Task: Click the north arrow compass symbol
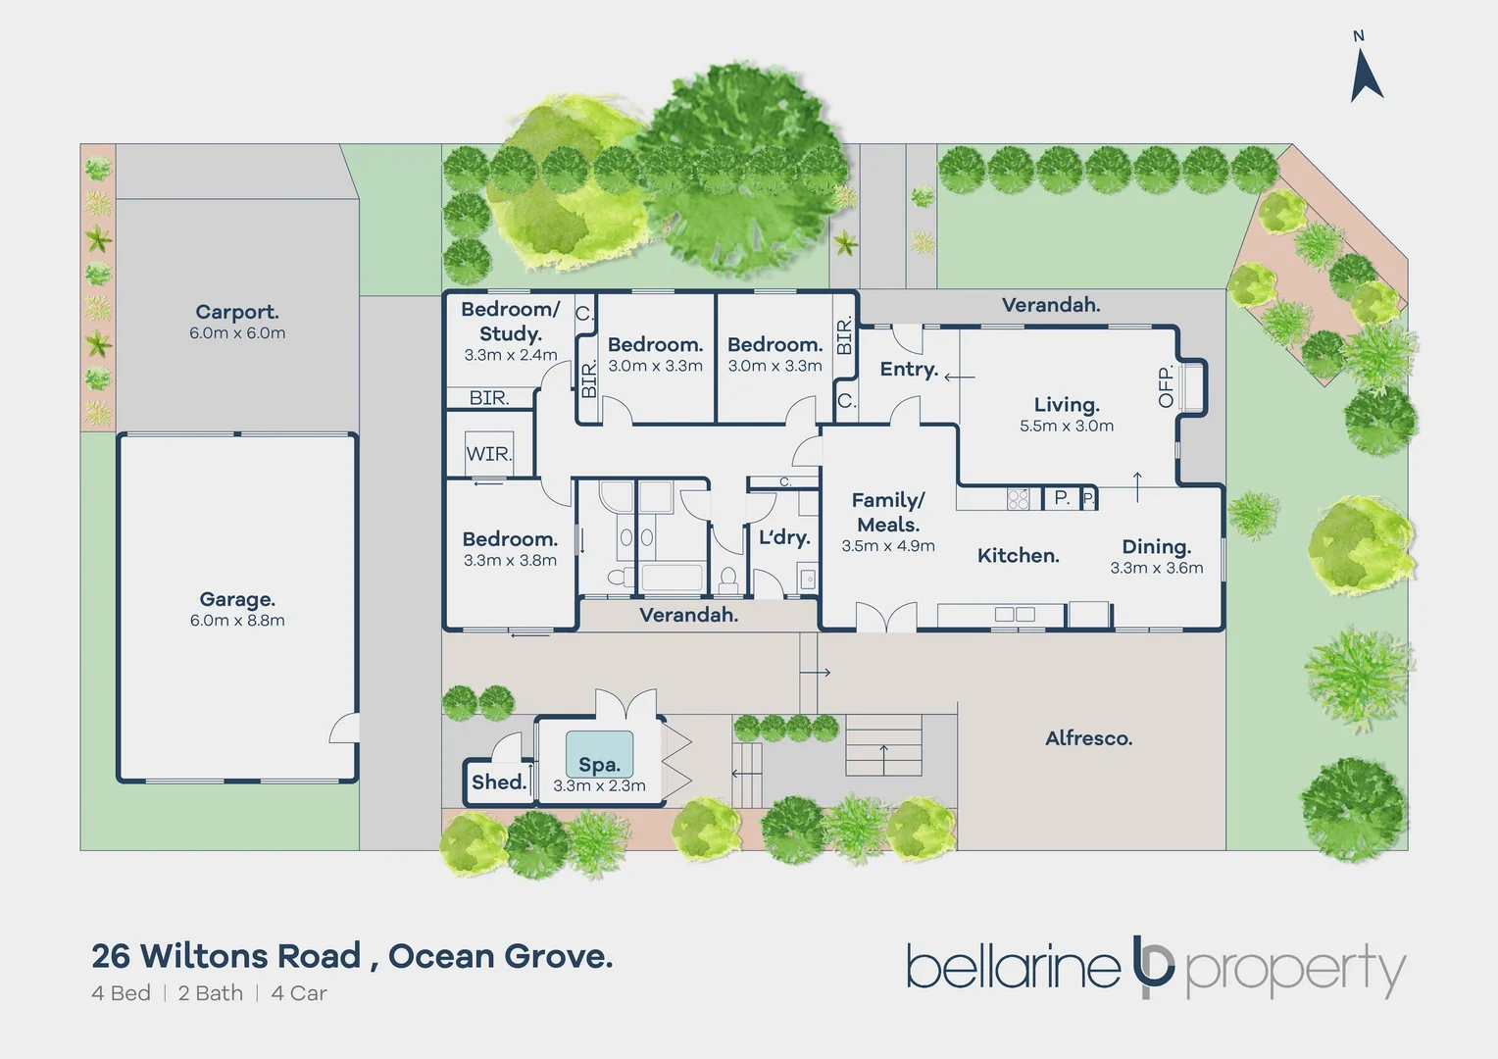tap(1366, 74)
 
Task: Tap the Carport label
tap(237, 312)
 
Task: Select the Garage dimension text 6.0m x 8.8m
tap(237, 621)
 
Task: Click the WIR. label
tap(488, 454)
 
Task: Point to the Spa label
tap(599, 765)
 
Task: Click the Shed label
tap(499, 782)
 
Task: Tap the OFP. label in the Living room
tap(1166, 386)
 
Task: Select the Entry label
tap(909, 369)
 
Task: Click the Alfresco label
tap(1088, 738)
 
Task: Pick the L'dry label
tap(784, 537)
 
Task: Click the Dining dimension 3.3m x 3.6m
tap(1157, 569)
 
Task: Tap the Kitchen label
tap(1018, 556)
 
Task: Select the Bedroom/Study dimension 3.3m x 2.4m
tap(511, 355)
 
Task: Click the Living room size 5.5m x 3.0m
tap(1067, 427)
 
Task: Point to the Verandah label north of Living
tap(1050, 305)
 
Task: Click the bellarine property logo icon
tap(1153, 969)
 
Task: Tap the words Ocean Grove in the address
tap(500, 955)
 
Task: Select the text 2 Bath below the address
tap(211, 993)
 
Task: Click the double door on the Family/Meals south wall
tap(885, 618)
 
